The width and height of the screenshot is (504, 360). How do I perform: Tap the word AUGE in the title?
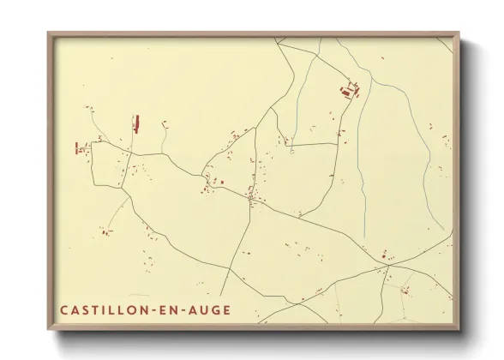[210, 309]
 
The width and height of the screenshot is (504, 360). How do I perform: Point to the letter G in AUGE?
[215, 309]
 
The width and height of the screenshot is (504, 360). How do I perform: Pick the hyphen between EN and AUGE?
[192, 309]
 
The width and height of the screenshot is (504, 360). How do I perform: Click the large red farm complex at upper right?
[350, 90]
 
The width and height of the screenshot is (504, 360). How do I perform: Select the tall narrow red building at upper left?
[135, 123]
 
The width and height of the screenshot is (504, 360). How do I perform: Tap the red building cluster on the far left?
[82, 148]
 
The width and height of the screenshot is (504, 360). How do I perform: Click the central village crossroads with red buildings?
[250, 199]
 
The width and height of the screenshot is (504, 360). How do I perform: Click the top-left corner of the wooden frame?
[49, 34]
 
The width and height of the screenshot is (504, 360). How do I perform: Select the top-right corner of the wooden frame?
[458, 34]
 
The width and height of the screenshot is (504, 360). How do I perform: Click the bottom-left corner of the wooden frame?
[49, 328]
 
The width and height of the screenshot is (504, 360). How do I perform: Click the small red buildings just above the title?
[105, 231]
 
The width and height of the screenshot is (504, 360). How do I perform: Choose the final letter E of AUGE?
[226, 309]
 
